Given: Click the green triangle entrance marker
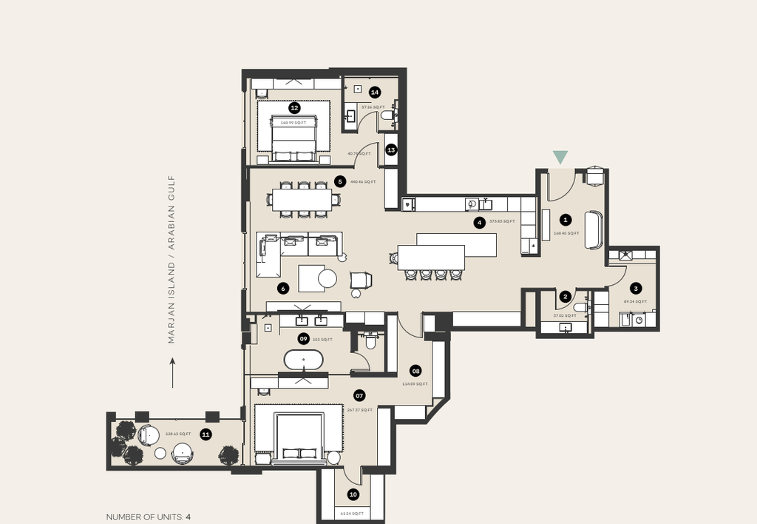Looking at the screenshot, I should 560,157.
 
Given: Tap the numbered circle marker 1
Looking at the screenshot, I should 566,220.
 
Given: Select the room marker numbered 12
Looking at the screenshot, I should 294,108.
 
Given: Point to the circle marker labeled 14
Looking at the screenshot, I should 375,93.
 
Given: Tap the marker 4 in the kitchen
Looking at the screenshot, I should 479,221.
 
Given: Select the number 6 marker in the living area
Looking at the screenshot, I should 282,288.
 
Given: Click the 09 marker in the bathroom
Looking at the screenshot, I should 303,339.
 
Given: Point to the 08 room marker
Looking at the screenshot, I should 415,371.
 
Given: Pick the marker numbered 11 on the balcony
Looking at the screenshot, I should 206,434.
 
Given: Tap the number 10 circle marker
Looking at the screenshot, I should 353,494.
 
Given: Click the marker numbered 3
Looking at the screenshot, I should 635,289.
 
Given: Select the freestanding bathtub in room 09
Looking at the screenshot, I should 303,360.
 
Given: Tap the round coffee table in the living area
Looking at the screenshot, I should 327,278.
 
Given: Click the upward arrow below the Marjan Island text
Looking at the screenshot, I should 172,373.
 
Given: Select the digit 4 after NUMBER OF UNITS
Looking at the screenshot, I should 189,517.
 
